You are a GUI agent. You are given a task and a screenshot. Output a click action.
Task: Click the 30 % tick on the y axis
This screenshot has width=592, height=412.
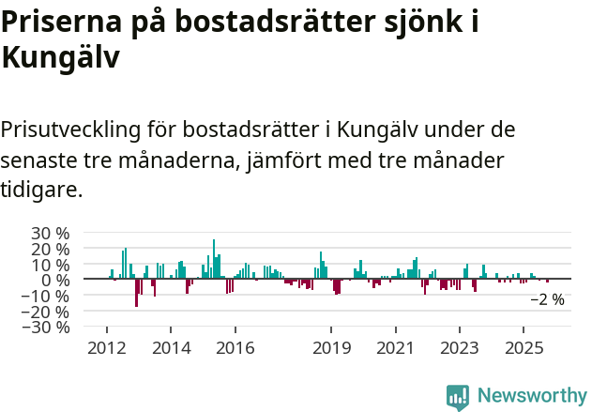click(x=51, y=233)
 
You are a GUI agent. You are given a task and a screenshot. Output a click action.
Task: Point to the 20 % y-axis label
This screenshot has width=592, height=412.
click(x=51, y=249)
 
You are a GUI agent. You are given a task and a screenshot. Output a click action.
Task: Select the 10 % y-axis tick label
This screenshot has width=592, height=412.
click(x=51, y=265)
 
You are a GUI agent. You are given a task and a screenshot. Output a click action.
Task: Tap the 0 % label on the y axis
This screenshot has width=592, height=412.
click(x=55, y=280)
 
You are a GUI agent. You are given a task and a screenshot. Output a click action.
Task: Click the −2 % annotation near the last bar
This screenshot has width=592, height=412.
click(x=547, y=300)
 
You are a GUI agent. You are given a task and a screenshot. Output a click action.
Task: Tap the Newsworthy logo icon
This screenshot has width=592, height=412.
click(x=458, y=396)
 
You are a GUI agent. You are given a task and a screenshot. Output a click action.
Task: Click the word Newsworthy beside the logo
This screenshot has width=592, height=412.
click(x=531, y=396)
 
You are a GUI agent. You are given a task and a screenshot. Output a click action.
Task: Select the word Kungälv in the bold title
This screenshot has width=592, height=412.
click(x=60, y=56)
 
